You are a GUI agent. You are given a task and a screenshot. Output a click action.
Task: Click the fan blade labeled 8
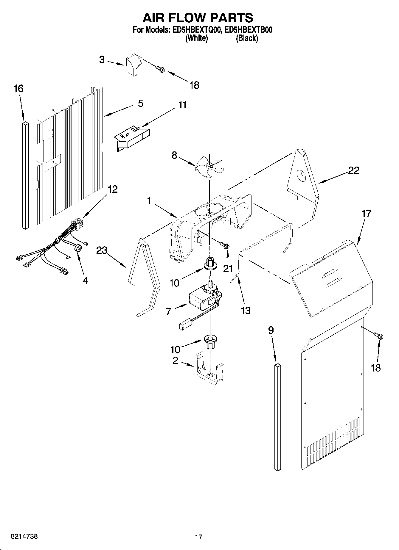[x=209, y=167]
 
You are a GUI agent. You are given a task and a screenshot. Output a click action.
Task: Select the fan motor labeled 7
[x=203, y=300]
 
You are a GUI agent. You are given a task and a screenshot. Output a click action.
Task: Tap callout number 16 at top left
[x=18, y=88]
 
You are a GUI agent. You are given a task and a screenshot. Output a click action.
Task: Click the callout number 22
[x=353, y=170]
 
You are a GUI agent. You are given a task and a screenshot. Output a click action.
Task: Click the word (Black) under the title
[x=247, y=38]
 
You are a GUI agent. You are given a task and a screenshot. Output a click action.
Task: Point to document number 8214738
[x=24, y=536]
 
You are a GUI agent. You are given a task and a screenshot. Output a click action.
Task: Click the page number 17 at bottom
[x=199, y=537]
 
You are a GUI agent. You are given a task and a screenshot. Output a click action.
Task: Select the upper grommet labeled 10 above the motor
[x=210, y=264]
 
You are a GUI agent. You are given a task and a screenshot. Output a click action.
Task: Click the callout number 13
[x=246, y=311]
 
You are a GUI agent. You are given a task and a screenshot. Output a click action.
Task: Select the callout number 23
[x=102, y=250]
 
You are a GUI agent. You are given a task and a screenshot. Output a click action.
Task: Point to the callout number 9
[x=271, y=330]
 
